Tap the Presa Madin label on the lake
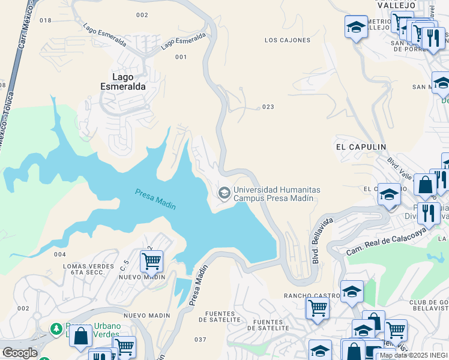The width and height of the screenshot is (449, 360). tap(155, 199)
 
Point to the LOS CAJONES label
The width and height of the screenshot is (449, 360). tap(288, 40)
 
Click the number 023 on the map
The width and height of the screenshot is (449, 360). tap(268, 107)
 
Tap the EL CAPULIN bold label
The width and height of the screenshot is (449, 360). tap(360, 146)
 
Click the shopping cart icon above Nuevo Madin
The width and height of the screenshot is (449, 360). tap(151, 261)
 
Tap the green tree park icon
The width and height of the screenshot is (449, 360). tap(56, 329)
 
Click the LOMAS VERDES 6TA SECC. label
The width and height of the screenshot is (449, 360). tap(79, 269)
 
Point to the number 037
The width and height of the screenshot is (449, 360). tap(200, 340)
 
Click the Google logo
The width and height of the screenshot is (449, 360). tap(20, 353)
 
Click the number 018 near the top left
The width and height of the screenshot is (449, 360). tap(46, 20)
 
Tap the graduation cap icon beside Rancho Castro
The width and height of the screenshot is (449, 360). tap(351, 292)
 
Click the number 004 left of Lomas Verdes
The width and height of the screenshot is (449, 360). tap(59, 254)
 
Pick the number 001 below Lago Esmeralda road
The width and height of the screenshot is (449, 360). tap(181, 57)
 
